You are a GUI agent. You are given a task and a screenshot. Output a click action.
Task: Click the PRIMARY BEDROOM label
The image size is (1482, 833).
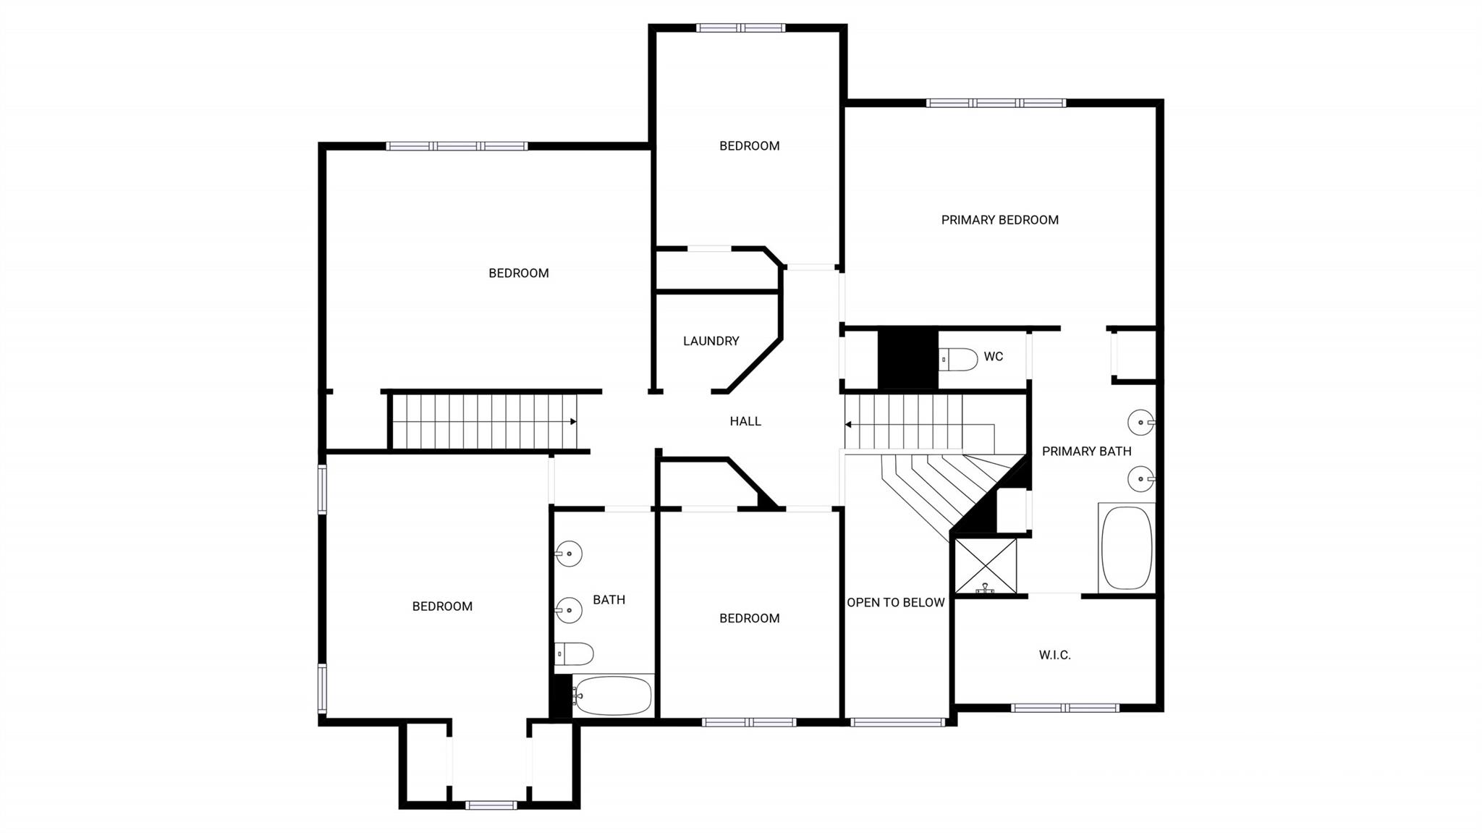(x=999, y=220)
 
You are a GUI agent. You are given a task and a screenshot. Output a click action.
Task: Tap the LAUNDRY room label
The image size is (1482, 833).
(x=711, y=341)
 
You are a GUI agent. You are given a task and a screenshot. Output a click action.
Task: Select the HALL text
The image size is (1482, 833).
(x=745, y=421)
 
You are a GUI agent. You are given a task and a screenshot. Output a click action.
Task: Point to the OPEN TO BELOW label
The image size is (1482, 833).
(x=895, y=602)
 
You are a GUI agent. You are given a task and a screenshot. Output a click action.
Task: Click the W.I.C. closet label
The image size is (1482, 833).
(x=1054, y=655)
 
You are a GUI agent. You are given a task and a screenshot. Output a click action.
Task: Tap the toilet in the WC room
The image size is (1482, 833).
(x=958, y=359)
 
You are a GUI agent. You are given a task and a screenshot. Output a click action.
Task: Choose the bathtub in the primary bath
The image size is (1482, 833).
(x=1126, y=548)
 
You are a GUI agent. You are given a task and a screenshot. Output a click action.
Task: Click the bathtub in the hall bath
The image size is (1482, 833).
(x=612, y=695)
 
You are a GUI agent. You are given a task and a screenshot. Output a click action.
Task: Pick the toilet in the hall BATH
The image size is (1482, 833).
(x=574, y=654)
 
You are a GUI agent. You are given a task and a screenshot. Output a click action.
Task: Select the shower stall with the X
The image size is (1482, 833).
(x=985, y=565)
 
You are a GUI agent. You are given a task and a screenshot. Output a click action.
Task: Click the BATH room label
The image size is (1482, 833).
(x=609, y=599)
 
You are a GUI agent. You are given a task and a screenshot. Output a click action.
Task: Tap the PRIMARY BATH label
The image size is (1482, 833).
(x=1086, y=452)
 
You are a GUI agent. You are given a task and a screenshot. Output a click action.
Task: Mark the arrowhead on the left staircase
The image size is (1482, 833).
(x=573, y=421)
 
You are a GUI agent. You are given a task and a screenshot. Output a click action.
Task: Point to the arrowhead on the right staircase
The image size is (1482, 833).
(x=848, y=424)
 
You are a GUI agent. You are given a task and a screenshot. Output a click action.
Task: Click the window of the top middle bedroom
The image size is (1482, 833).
(x=740, y=28)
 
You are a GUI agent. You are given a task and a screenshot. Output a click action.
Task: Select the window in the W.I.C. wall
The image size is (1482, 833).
(x=1064, y=708)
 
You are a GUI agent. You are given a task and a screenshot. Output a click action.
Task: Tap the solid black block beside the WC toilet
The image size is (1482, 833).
(x=907, y=359)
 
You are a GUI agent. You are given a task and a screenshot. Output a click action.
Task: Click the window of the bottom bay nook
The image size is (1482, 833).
(x=491, y=805)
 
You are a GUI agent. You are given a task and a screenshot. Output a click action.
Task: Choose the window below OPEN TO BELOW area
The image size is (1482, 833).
(x=897, y=722)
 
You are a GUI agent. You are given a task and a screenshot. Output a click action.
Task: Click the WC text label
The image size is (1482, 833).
(x=993, y=357)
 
